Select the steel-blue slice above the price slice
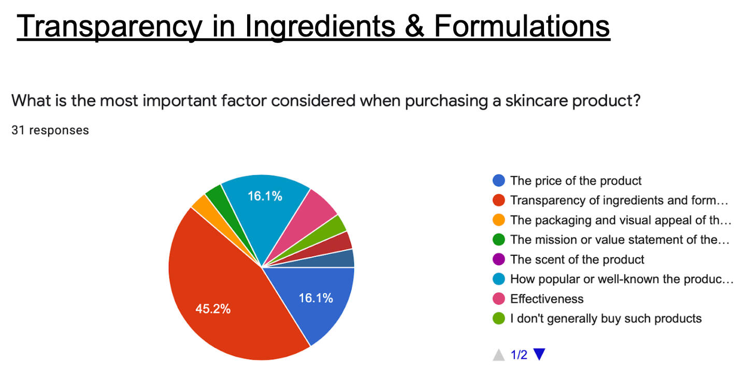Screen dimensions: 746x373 click(x=340, y=260)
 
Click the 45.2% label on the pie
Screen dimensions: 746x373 click(x=213, y=309)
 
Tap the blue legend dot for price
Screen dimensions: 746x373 click(x=498, y=180)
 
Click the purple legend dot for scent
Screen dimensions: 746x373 click(x=498, y=259)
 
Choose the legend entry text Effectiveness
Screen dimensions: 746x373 click(x=547, y=299)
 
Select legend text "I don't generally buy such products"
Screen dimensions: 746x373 click(x=606, y=319)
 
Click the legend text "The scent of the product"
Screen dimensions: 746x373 click(x=577, y=260)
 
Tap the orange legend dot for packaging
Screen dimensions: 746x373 click(x=498, y=220)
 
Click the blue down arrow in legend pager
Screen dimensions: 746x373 click(x=539, y=354)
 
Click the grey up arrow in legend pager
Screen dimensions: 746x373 click(x=498, y=355)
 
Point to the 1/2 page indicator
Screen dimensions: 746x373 click(x=519, y=355)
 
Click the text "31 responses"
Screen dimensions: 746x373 click(x=50, y=130)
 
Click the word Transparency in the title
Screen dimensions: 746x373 click(x=110, y=26)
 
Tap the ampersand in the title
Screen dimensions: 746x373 click(x=414, y=26)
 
